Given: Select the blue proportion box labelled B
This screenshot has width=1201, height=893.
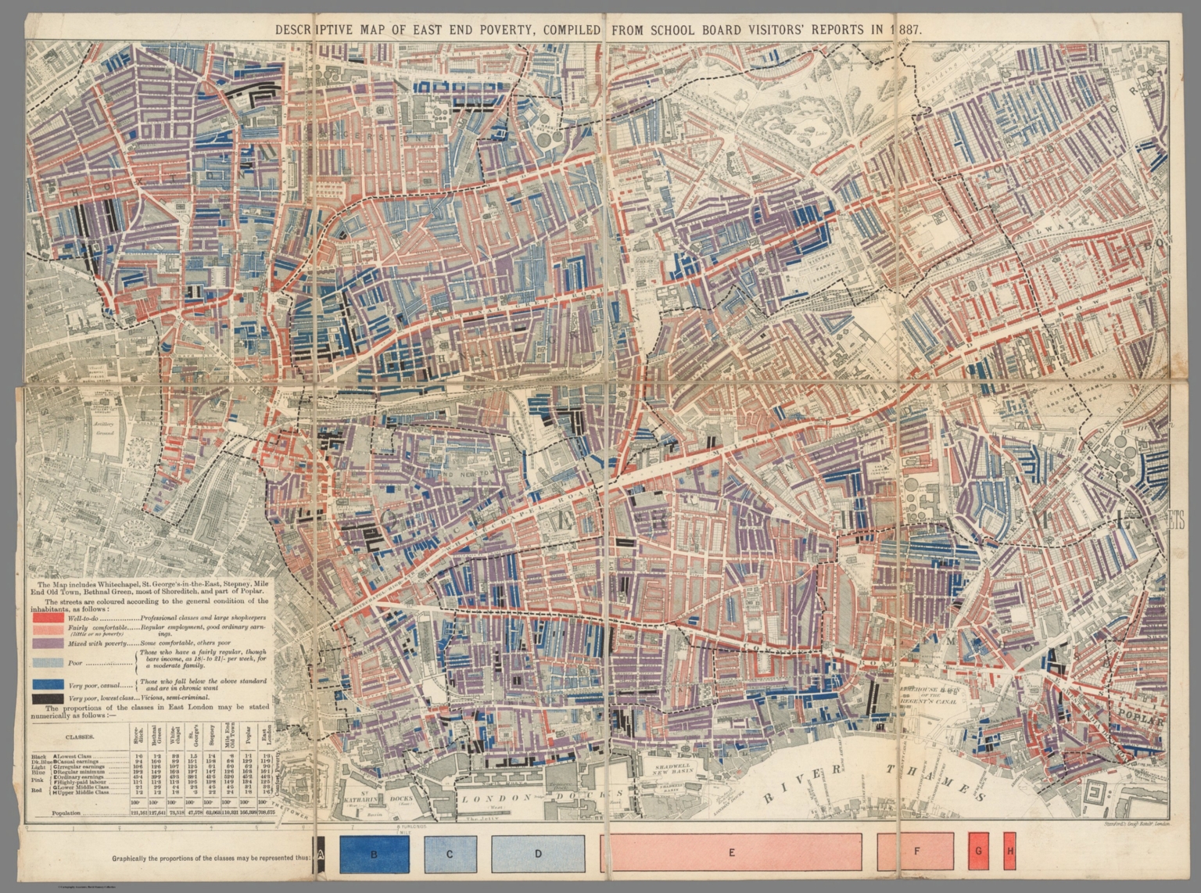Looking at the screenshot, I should click(374, 854).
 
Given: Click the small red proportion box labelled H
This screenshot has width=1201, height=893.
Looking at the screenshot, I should click(1009, 852).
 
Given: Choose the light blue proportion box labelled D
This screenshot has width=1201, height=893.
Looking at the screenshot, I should click(538, 854).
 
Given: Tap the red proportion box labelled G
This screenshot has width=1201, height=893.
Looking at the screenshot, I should click(978, 852).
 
